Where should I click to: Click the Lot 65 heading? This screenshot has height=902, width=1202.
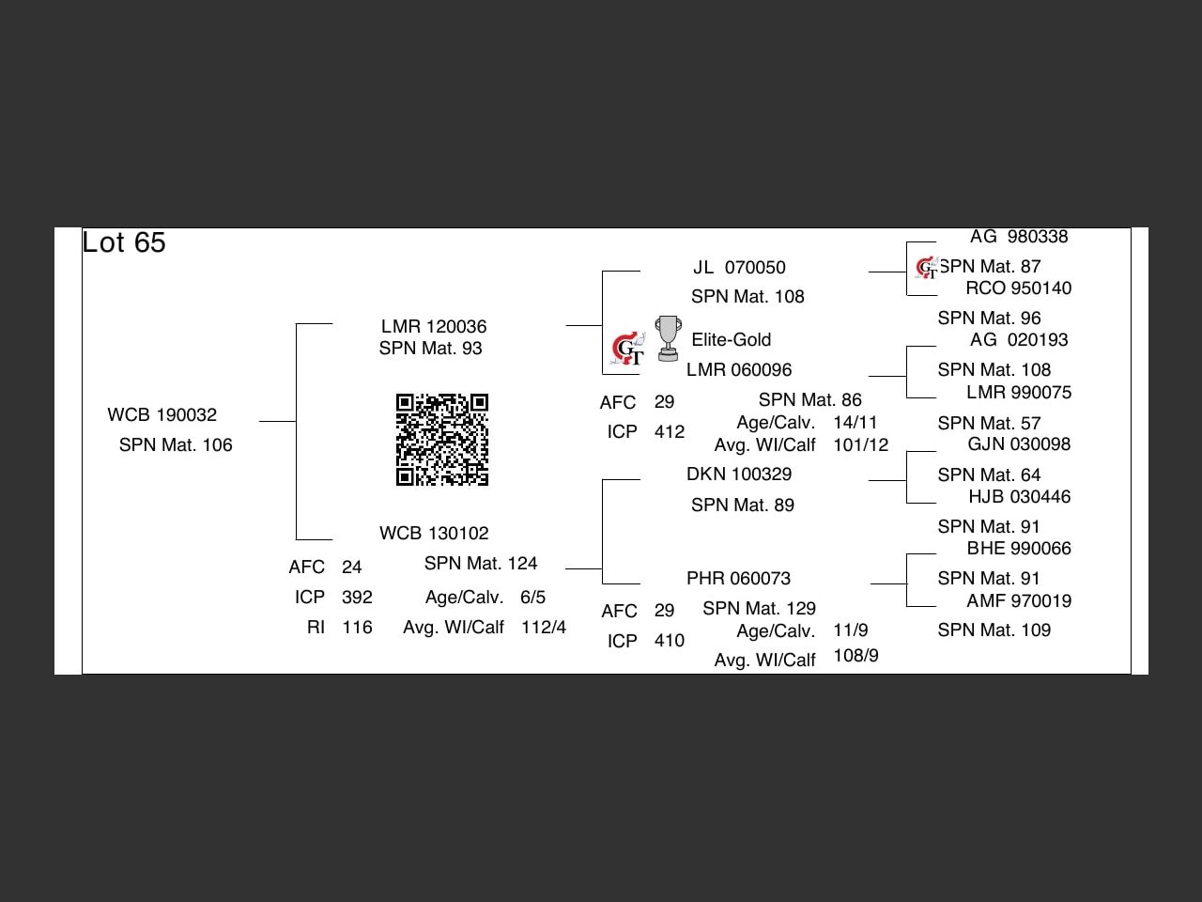click(x=124, y=242)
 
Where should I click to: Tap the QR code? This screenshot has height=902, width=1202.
click(x=441, y=440)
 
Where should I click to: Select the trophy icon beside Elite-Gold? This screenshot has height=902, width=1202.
click(x=668, y=338)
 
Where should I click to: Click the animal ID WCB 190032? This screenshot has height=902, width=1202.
click(x=162, y=415)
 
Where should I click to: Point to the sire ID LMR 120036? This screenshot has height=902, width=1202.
click(x=434, y=327)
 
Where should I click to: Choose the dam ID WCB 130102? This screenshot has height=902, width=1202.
click(x=434, y=534)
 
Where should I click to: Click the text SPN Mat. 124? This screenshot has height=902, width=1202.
click(x=481, y=564)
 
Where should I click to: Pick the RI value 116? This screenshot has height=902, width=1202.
click(x=357, y=628)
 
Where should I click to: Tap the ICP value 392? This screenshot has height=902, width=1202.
click(x=357, y=598)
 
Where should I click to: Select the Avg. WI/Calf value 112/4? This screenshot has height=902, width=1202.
click(x=544, y=628)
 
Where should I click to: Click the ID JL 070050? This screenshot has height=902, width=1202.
click(x=739, y=268)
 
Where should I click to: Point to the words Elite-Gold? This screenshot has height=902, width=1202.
click(x=732, y=340)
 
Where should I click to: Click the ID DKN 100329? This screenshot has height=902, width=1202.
click(x=739, y=474)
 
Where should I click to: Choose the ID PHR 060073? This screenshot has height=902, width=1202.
click(x=739, y=579)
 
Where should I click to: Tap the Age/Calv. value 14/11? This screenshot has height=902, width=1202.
click(x=855, y=423)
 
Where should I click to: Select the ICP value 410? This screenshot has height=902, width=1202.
click(x=670, y=641)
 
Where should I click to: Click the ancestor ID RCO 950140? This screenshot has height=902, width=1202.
click(x=1019, y=288)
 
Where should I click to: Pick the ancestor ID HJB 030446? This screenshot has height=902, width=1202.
click(x=1020, y=497)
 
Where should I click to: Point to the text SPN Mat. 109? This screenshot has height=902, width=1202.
click(x=994, y=630)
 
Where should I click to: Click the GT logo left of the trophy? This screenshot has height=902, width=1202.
click(x=628, y=350)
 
